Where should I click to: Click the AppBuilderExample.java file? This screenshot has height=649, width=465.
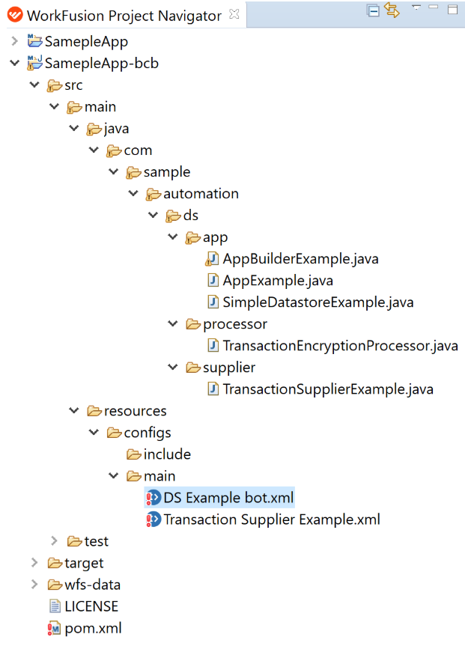pos(300,259)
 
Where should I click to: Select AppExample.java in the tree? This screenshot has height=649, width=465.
pos(277,281)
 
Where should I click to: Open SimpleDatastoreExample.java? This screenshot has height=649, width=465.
pos(318,302)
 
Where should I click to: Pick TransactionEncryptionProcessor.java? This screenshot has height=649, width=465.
pos(341,346)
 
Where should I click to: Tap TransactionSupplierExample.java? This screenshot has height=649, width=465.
pos(328,389)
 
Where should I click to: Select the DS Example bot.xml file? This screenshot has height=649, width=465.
pos(228,498)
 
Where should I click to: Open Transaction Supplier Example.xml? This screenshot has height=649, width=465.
pos(272,519)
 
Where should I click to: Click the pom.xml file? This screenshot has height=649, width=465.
pos(93,628)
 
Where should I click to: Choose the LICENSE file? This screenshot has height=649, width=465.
pos(91,606)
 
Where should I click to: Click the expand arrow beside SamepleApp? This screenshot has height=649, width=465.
pos(14,41)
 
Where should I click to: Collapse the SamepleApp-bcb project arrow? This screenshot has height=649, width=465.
pos(14,63)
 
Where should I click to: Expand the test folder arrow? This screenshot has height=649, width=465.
pos(54,540)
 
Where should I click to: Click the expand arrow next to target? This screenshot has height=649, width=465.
pos(34,562)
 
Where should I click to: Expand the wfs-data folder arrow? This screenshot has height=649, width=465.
pos(34,584)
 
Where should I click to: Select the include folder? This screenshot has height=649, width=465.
pos(167,454)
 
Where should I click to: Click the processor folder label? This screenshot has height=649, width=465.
pos(235,324)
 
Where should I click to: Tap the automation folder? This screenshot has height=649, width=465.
pos(201,194)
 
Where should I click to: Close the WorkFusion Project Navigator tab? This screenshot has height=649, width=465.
pos(234,14)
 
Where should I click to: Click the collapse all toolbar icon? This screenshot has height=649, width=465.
pos(373,10)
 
